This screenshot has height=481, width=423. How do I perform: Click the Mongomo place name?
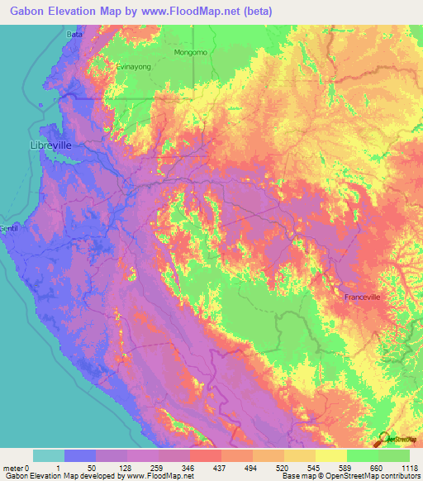192,52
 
